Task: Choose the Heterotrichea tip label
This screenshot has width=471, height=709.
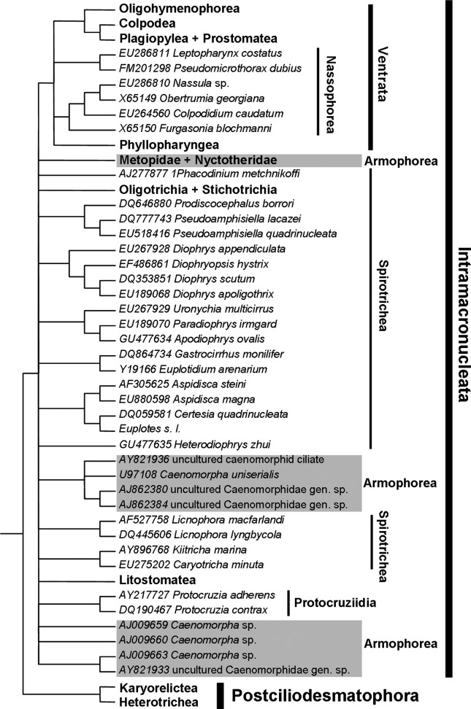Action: pyautogui.click(x=151, y=702)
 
